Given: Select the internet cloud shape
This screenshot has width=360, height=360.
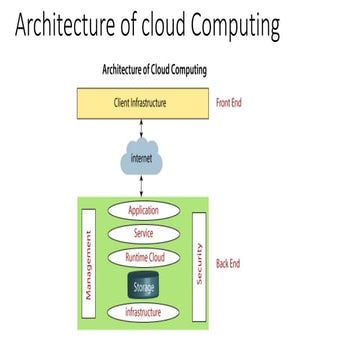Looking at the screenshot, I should point(143,159).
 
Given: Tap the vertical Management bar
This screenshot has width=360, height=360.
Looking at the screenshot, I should point(89,265).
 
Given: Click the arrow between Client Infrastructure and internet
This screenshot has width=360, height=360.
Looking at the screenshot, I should point(143,128).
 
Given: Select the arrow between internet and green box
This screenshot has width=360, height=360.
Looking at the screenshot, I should point(143,187).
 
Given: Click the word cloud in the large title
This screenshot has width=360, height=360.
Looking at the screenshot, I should point(145,27).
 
